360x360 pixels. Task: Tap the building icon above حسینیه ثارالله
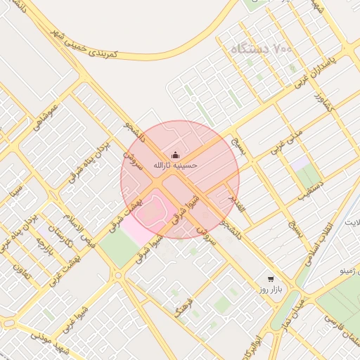(175, 154)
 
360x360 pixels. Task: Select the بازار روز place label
(270, 289)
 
